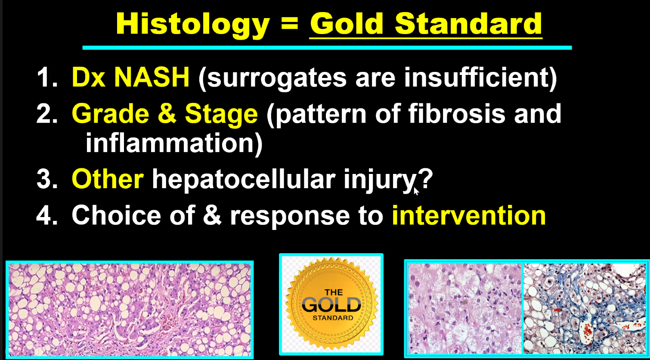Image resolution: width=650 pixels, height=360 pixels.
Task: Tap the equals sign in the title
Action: [290, 24]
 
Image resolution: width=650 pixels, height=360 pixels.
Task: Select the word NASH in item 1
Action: [152, 77]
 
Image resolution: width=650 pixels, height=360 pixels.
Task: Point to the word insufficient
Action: [476, 77]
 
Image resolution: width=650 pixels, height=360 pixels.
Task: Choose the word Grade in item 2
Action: [111, 114]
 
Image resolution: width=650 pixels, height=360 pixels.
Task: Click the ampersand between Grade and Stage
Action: [167, 113]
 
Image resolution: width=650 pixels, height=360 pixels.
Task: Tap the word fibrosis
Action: [457, 113]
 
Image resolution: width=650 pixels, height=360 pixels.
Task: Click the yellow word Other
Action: [108, 179]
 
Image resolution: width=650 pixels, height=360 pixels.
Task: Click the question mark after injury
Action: [425, 178]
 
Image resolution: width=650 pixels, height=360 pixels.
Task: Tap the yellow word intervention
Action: [469, 215]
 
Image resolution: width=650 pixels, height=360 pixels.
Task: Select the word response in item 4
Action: [290, 217]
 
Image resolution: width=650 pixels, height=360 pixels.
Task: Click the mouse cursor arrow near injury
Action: [416, 191]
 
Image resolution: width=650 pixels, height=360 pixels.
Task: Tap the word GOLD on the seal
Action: [331, 305]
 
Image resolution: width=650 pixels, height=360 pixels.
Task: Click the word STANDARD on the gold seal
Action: [333, 318]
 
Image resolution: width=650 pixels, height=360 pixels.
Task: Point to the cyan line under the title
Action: [327, 48]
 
